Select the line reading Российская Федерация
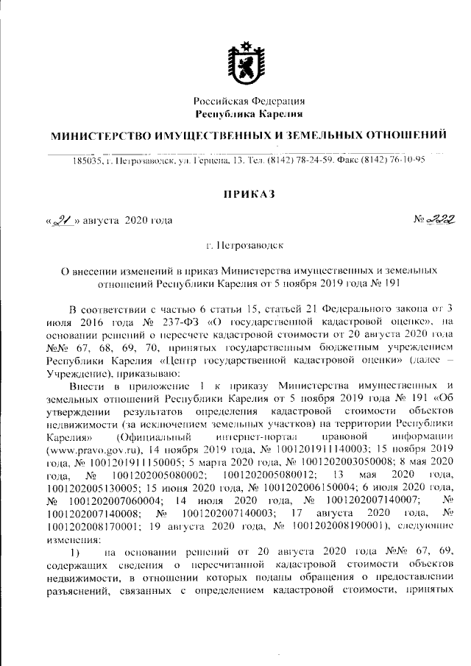pos(249,101)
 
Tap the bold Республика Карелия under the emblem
pos(249,114)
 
